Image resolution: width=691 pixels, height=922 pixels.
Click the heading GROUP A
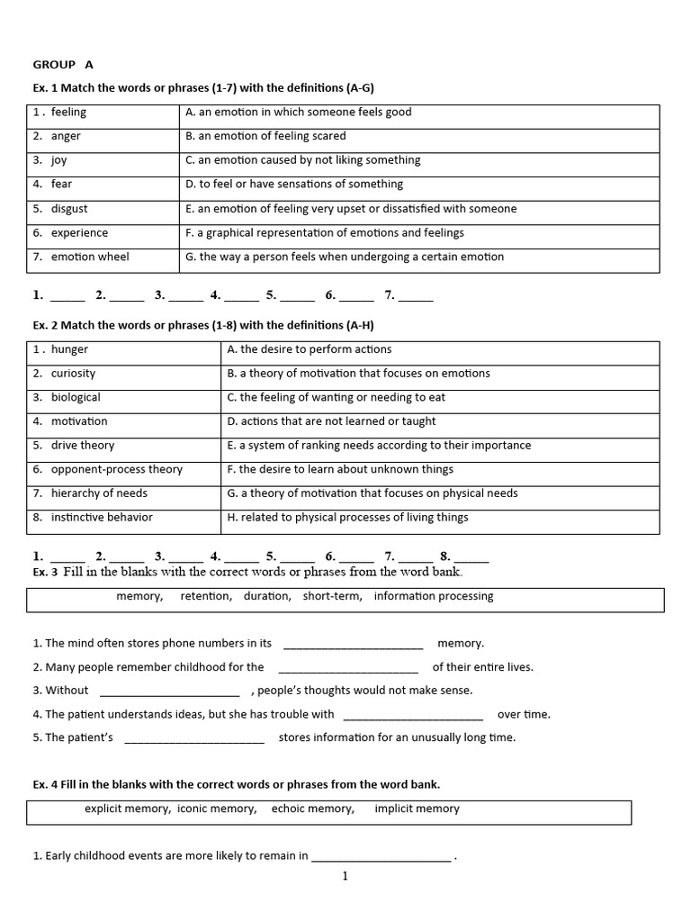63,65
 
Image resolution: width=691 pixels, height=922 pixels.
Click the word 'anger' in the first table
66,136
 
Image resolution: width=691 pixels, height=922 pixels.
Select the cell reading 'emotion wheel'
90,257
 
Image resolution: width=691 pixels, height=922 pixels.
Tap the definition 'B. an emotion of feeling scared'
265,136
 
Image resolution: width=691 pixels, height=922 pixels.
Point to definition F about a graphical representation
324,232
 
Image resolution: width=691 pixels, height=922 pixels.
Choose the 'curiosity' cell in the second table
73,374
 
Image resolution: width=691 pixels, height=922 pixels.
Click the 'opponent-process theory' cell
116,469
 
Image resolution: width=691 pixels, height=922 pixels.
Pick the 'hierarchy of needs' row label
99,493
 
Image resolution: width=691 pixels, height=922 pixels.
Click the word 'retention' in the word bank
205,596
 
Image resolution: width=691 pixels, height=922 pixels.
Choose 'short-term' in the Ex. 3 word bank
332,596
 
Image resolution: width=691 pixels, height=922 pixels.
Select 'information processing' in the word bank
434,596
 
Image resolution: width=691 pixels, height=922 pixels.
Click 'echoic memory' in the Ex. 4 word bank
312,809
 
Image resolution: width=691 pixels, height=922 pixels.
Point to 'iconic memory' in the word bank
217,809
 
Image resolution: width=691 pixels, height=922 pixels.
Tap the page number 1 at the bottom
345,876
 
